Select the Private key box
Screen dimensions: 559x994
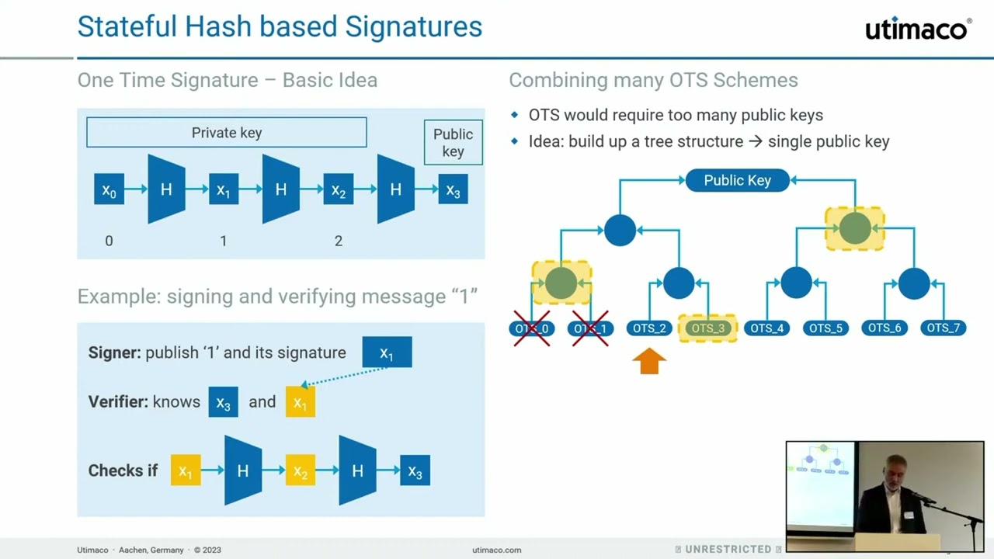pos(226,133)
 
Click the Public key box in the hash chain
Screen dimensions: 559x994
pos(453,142)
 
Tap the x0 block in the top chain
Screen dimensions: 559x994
pos(109,189)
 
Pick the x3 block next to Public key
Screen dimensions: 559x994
pos(453,189)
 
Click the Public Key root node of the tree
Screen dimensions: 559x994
pos(737,180)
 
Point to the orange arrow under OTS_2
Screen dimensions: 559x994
pos(649,361)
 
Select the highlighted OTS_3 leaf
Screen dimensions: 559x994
pos(707,328)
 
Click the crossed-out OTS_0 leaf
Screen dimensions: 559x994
pos(531,328)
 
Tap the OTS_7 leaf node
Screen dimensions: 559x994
pos(943,328)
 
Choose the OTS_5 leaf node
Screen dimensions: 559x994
pos(825,328)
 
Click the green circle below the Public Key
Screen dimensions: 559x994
pos(855,228)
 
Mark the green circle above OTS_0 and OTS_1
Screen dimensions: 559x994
pos(561,283)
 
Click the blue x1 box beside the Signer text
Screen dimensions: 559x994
pos(387,352)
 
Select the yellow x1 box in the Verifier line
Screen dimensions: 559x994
pos(301,402)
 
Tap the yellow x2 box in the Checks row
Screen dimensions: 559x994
pos(300,470)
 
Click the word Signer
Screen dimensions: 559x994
pos(113,352)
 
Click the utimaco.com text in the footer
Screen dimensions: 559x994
pos(496,550)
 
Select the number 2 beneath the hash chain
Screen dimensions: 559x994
pos(338,241)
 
